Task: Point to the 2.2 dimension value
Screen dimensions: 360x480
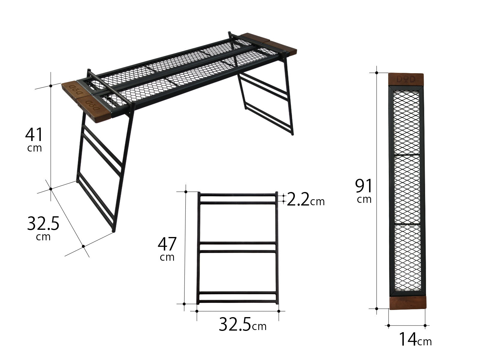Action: (298, 199)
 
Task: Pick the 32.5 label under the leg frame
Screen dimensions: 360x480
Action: (235, 324)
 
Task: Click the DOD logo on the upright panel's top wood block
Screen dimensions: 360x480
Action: (406, 79)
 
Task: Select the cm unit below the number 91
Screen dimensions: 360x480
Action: (364, 199)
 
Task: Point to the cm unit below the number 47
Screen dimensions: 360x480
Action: (167, 257)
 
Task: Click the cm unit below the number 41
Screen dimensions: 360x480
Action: (34, 148)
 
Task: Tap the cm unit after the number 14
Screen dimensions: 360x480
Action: (424, 341)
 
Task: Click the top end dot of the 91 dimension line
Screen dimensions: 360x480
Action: (377, 73)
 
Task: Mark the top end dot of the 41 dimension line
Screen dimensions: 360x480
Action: (51, 86)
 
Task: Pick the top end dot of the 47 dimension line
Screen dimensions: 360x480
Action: (186, 191)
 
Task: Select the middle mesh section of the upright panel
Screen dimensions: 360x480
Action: (406, 189)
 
